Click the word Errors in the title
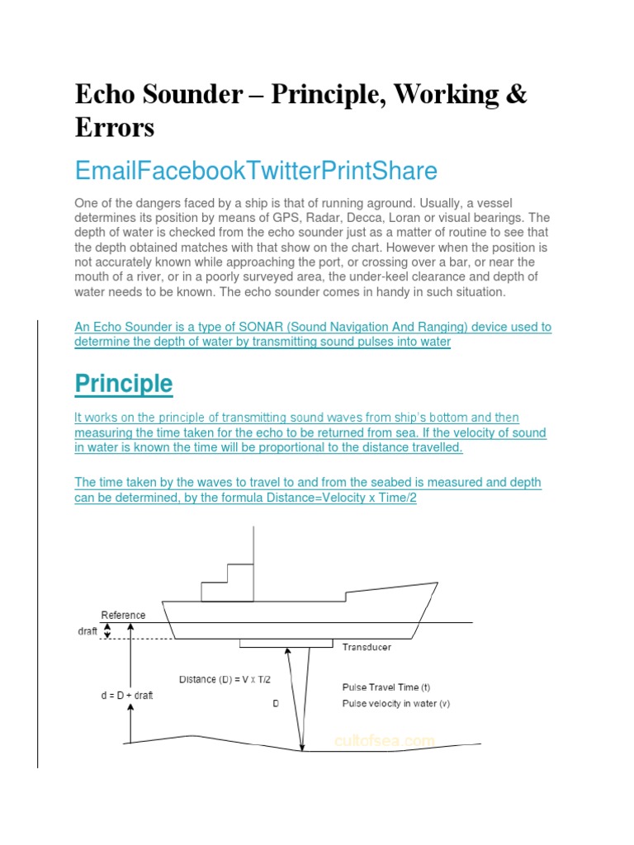(x=114, y=128)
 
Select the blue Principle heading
(x=124, y=384)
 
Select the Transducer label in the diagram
(x=367, y=648)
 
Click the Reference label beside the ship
(x=123, y=615)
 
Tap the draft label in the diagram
(x=87, y=631)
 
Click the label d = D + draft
(x=122, y=695)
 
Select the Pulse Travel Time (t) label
(x=386, y=687)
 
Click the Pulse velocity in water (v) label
(x=395, y=703)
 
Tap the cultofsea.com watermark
(x=384, y=741)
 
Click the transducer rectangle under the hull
(x=286, y=643)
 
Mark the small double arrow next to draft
(x=106, y=630)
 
